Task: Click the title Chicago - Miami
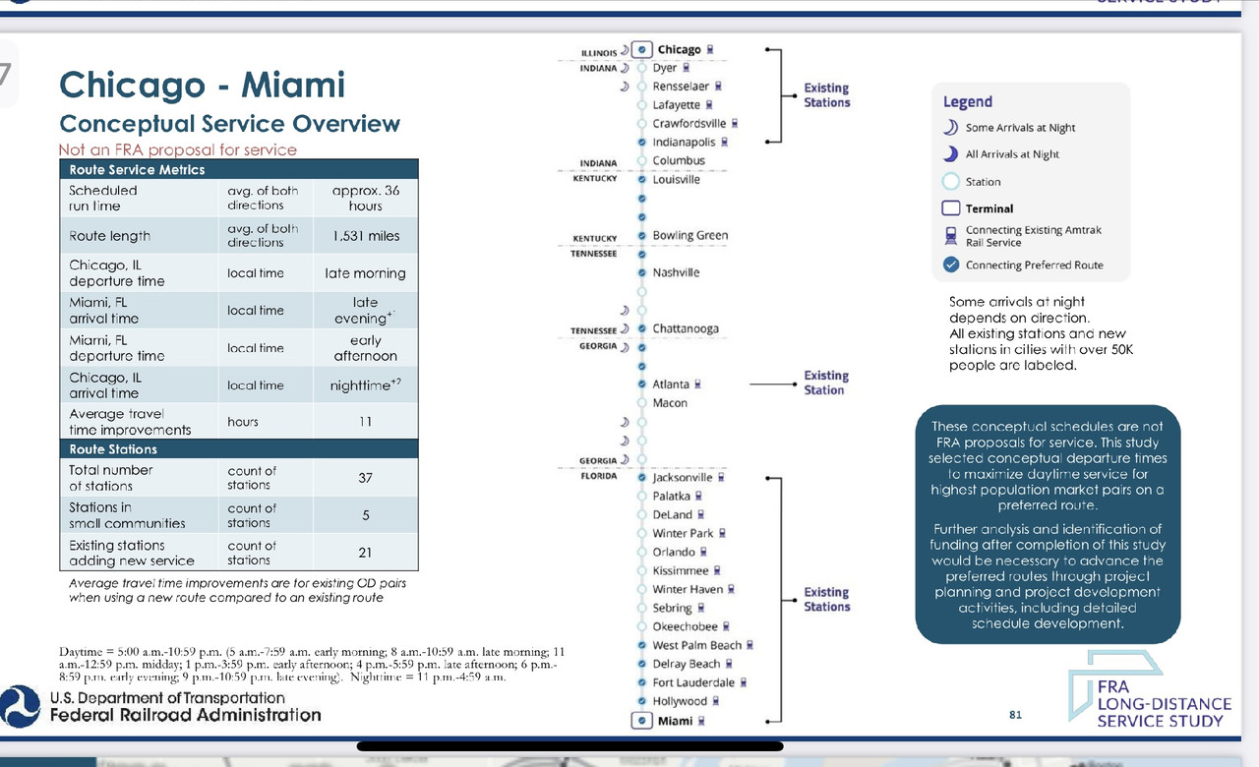203,85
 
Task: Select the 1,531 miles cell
365,236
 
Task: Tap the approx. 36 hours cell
365,198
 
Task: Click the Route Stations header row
239,449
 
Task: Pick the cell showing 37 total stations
365,478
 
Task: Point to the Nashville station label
676,272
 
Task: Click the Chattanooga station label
686,328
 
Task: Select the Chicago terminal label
679,49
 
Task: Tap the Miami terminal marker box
641,721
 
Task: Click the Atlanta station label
671,384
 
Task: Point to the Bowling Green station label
689,235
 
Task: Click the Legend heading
968,101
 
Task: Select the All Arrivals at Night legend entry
1012,154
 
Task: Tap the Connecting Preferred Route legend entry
1034,265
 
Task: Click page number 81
1015,714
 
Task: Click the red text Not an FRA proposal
177,149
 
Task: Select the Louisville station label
677,179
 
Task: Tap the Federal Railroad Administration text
186,715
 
